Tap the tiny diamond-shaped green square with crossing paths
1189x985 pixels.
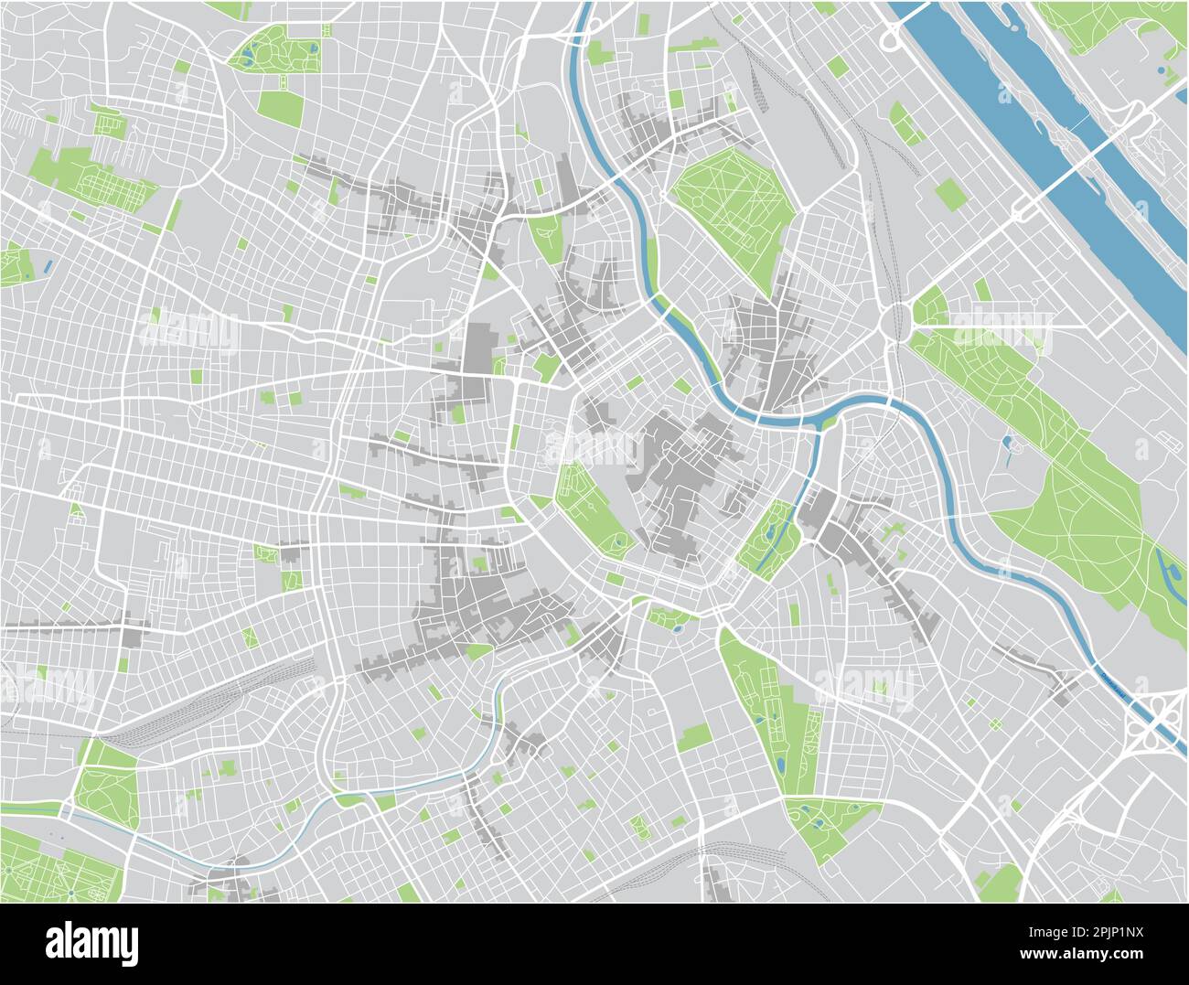[x=994, y=724]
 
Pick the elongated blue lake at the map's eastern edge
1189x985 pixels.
[x=1170, y=571]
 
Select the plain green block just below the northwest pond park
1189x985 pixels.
[x=281, y=108]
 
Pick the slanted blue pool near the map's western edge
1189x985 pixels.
[x=47, y=267]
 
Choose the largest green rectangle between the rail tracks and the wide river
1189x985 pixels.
[x=949, y=195]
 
